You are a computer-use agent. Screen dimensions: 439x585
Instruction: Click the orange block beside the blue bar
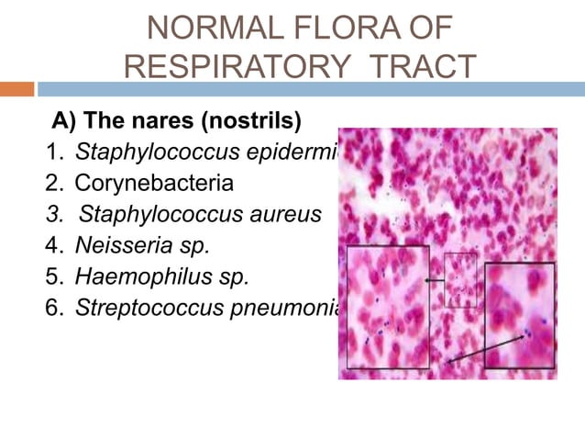pos(17,89)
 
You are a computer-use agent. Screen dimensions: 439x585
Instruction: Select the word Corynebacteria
pos(154,184)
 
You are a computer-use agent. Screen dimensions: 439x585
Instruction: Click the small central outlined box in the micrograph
pos(460,279)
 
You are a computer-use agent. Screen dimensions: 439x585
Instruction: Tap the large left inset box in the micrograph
pos(388,307)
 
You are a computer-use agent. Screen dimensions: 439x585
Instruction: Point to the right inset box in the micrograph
pos(519,315)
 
